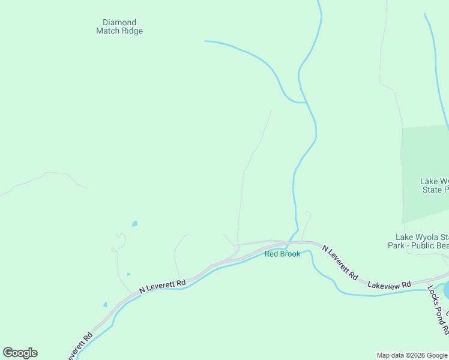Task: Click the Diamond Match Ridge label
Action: click(x=119, y=27)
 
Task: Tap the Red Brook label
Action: click(x=282, y=254)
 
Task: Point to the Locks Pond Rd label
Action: click(x=438, y=308)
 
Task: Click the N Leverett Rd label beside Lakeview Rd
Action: click(x=340, y=263)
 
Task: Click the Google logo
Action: click(x=20, y=353)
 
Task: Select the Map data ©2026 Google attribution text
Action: click(x=412, y=355)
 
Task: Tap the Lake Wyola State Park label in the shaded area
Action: click(x=434, y=185)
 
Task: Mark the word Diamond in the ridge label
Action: click(x=119, y=23)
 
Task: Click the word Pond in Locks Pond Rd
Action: click(x=438, y=311)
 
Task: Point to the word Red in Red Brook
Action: click(x=271, y=254)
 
